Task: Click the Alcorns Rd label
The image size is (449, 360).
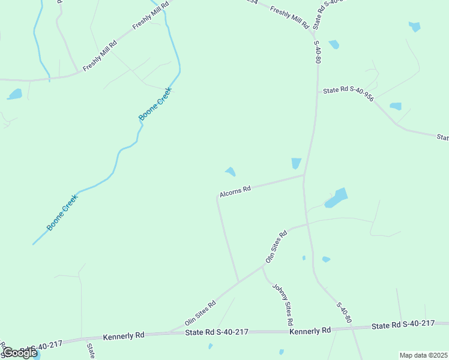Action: (x=235, y=191)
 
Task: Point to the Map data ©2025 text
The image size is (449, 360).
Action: (x=423, y=355)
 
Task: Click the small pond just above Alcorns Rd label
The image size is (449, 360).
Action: (x=230, y=172)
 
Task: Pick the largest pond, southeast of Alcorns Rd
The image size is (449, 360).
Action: (x=337, y=198)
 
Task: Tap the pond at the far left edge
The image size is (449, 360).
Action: (x=14, y=94)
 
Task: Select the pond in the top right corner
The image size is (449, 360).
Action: (x=414, y=26)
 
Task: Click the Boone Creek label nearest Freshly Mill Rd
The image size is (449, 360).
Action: (x=155, y=104)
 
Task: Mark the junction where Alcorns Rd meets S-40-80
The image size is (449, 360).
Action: (x=304, y=175)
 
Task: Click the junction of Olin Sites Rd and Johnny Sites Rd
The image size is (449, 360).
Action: (x=262, y=267)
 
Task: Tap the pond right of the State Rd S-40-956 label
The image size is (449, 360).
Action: (x=396, y=106)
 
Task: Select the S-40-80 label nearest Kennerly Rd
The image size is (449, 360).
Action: (x=342, y=313)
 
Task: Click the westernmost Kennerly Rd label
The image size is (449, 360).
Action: (x=124, y=335)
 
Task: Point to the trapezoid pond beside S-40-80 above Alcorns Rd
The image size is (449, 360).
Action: (x=296, y=163)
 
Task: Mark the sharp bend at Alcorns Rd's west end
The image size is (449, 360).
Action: (x=217, y=196)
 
